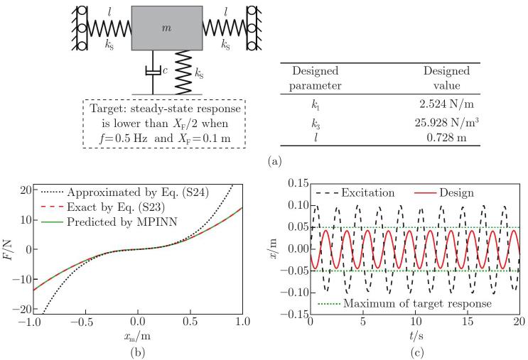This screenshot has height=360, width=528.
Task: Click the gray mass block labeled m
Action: [167, 28]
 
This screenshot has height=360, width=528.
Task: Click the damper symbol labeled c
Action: [153, 71]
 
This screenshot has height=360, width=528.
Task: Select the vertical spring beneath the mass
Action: [183, 72]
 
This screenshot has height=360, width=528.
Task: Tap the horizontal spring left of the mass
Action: [109, 28]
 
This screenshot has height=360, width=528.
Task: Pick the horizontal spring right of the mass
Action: [225, 28]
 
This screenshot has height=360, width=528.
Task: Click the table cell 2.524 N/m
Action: [446, 104]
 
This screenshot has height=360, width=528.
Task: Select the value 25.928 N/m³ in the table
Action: [447, 122]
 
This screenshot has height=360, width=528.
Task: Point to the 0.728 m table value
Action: [446, 137]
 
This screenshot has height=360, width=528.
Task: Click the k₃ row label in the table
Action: [316, 124]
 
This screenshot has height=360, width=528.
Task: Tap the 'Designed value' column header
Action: [446, 77]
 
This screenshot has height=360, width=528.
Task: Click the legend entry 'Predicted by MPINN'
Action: [109, 222]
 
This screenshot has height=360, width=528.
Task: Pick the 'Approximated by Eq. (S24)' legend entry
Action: [125, 192]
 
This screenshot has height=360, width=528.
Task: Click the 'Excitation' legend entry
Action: [355, 193]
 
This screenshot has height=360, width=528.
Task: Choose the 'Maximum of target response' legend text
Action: [418, 303]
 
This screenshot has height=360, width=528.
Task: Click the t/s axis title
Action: [416, 335]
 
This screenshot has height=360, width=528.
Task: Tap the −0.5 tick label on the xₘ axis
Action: [85, 322]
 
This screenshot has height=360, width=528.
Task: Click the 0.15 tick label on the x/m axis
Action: [298, 183]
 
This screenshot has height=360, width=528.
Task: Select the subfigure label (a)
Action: [274, 162]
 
